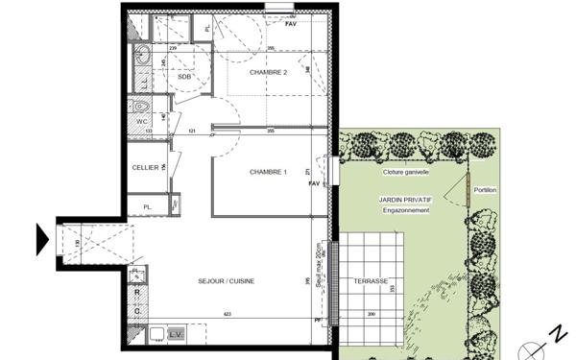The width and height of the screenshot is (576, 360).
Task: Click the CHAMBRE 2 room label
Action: pyautogui.click(x=269, y=73)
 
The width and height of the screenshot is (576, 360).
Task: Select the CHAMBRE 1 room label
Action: pyautogui.click(x=269, y=172)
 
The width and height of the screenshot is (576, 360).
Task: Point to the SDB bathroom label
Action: pyautogui.click(x=184, y=76)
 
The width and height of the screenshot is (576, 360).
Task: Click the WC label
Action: pyautogui.click(x=140, y=122)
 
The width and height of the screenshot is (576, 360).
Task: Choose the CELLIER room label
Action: pyautogui.click(x=145, y=167)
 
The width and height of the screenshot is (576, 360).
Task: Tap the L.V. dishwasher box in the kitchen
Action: pyautogui.click(x=176, y=333)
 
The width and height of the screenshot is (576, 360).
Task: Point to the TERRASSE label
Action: pyautogui.click(x=371, y=281)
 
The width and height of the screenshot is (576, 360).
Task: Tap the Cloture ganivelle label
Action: pyautogui.click(x=405, y=173)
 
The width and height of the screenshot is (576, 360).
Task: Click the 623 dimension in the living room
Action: pyautogui.click(x=227, y=314)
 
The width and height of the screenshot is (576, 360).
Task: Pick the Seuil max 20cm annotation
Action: pyautogui.click(x=320, y=272)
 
